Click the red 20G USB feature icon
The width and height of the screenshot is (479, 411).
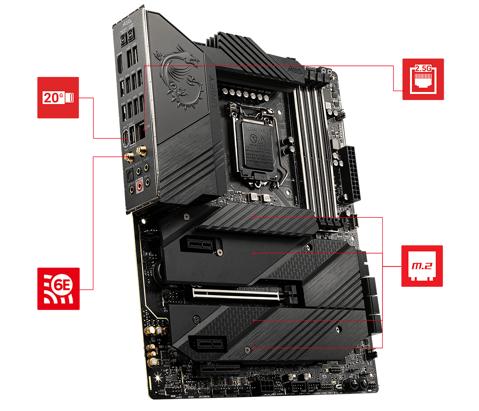coord(58,98)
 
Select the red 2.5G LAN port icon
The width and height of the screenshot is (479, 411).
coord(423,79)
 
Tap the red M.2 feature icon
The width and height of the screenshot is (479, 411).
coord(422,266)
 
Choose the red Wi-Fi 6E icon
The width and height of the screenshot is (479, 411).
coord(58,288)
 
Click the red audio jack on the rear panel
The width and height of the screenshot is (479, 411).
coord(139,185)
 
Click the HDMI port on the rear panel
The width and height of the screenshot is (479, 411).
coord(120,63)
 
